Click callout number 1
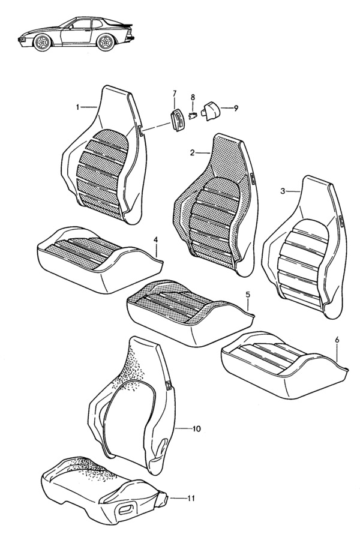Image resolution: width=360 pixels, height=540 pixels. click(x=77, y=107)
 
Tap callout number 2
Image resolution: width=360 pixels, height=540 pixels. click(x=192, y=152)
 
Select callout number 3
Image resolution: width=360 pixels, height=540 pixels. click(x=283, y=191)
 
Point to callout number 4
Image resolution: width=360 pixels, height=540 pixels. click(x=156, y=239)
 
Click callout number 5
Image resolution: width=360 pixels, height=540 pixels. click(x=248, y=295)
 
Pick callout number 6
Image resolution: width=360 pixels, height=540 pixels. click(x=337, y=340)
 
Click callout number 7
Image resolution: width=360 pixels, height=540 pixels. click(x=175, y=93)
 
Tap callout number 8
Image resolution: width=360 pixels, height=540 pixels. click(x=193, y=97)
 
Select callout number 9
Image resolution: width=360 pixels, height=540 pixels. click(x=236, y=108)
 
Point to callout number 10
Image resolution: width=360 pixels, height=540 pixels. click(x=196, y=429)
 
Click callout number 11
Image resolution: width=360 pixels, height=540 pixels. click(x=191, y=498)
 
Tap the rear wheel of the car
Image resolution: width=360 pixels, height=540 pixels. click(x=106, y=42)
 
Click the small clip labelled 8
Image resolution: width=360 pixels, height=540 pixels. click(x=193, y=115)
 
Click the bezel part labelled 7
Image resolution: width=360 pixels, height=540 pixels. click(x=178, y=119)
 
